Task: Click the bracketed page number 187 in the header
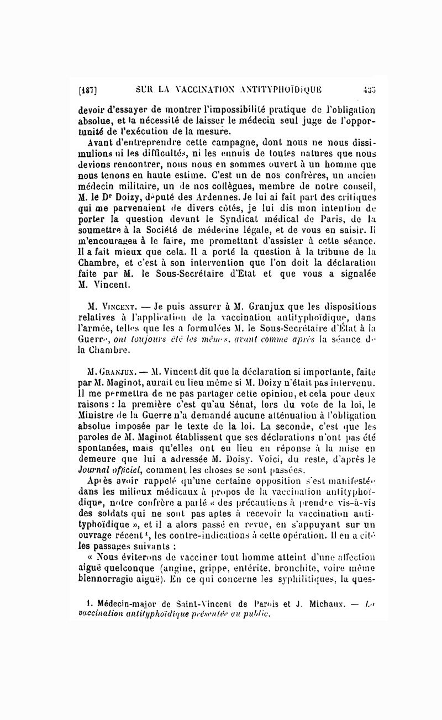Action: point(88,89)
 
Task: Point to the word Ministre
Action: point(96,401)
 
